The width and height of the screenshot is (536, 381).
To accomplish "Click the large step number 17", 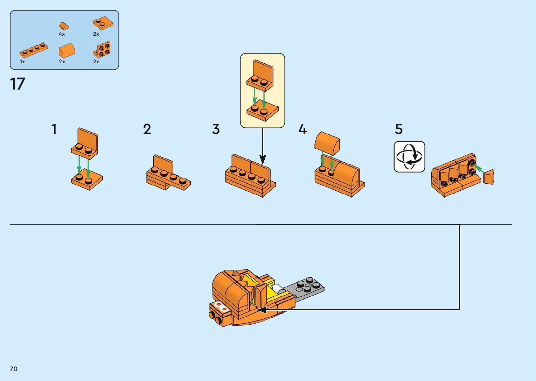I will pyautogui.click(x=18, y=84).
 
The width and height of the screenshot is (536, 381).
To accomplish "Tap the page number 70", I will pyautogui.click(x=14, y=369).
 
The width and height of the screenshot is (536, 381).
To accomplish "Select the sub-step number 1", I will pyautogui.click(x=54, y=129).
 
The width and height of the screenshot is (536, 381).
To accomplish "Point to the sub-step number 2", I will pyautogui.click(x=147, y=129).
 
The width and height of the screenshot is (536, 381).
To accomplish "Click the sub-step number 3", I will pyautogui.click(x=216, y=129).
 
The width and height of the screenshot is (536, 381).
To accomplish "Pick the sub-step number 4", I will pyautogui.click(x=302, y=129).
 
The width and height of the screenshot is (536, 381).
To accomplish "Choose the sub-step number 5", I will pyautogui.click(x=399, y=129).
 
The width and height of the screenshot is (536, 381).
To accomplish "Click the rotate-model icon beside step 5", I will pyautogui.click(x=409, y=157).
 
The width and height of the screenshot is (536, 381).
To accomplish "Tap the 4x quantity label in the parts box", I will pyautogui.click(x=62, y=34).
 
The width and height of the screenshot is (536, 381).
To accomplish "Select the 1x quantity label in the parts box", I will pyautogui.click(x=22, y=62).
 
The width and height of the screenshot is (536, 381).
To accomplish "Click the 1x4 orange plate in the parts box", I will pyautogui.click(x=34, y=50).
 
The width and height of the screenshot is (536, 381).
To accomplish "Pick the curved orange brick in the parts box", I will pyautogui.click(x=67, y=50).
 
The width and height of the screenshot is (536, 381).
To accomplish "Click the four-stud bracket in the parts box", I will pyautogui.click(x=102, y=50).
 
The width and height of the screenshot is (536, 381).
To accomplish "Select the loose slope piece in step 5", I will pyautogui.click(x=489, y=177).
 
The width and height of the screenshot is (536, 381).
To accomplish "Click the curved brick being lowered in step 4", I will pyautogui.click(x=327, y=143).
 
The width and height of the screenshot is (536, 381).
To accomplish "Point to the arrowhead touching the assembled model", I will pyautogui.click(x=261, y=310).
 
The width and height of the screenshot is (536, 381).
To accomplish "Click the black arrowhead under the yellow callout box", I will pyautogui.click(x=263, y=160).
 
